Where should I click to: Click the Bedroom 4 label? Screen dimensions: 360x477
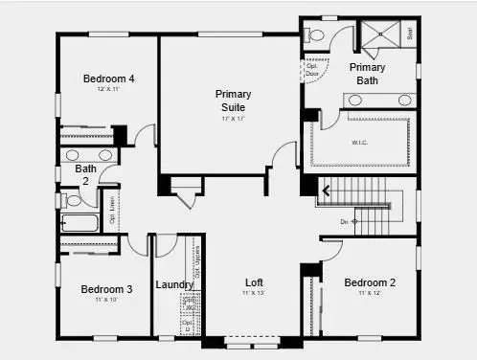107,79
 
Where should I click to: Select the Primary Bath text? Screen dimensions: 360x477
367,74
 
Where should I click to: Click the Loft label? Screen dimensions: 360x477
254,282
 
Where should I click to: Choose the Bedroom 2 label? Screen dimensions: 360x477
370,282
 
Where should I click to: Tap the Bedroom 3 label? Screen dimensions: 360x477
106,289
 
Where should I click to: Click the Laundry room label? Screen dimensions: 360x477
175,284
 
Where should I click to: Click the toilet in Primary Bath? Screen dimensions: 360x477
317,35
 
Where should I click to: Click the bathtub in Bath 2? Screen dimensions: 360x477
79,223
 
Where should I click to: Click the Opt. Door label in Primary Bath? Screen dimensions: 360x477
310,70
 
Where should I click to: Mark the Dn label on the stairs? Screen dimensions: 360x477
346,221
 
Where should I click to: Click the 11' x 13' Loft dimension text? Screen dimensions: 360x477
253,293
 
